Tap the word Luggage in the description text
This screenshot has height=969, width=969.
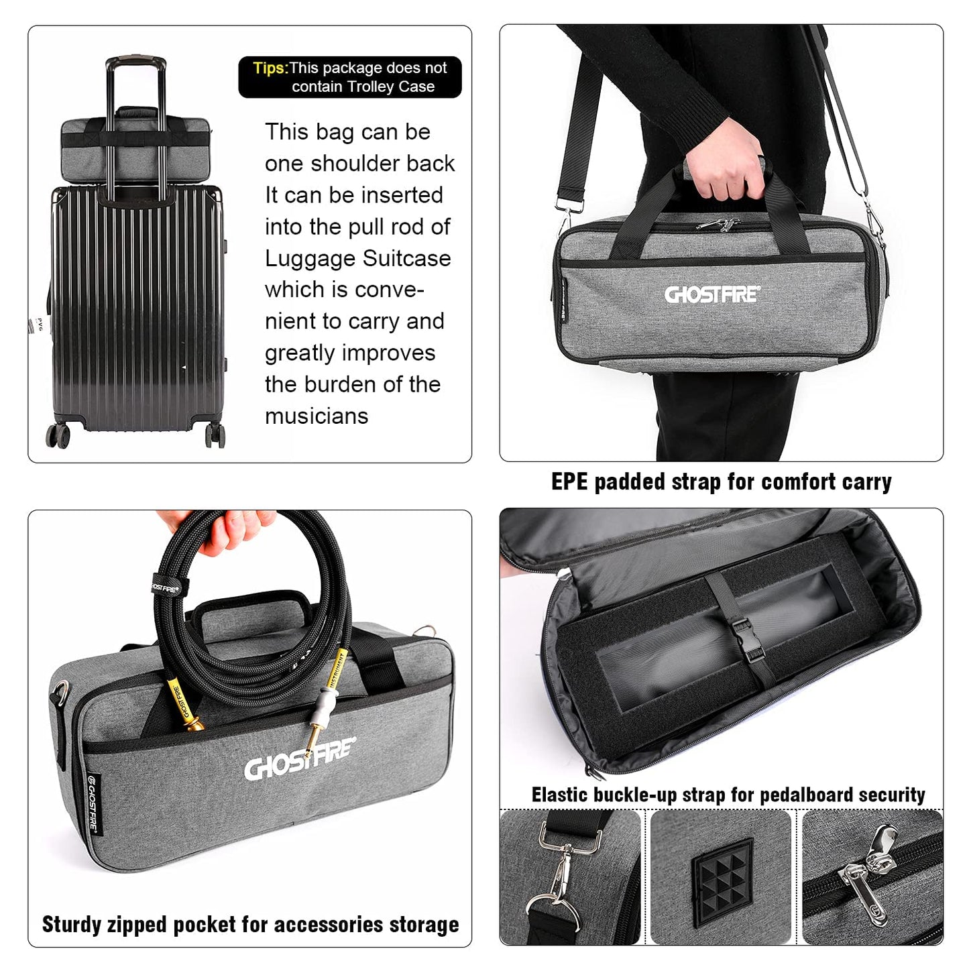click(x=308, y=259)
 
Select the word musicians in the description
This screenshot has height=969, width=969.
click(x=317, y=416)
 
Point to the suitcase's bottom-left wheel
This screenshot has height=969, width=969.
click(x=58, y=435)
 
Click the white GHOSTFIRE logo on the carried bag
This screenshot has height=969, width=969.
click(x=712, y=294)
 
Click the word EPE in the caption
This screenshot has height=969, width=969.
click(x=569, y=481)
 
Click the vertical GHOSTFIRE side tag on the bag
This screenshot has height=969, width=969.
click(x=93, y=803)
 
